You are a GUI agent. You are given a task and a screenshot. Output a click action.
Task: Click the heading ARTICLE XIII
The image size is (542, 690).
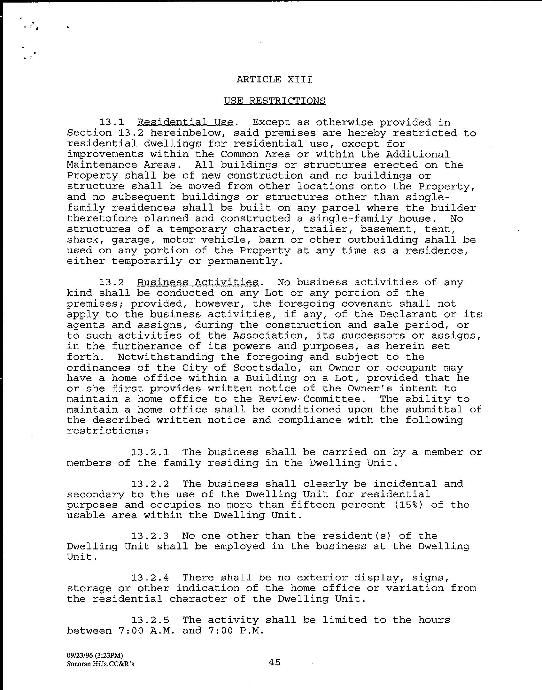[274, 79]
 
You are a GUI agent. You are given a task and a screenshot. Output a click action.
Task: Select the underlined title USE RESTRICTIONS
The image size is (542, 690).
[274, 101]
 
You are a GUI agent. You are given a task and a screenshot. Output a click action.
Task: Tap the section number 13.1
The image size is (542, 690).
[112, 122]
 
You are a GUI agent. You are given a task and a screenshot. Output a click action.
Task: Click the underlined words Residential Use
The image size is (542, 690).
[185, 122]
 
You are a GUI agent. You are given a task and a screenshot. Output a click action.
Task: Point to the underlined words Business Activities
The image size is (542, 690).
[198, 282]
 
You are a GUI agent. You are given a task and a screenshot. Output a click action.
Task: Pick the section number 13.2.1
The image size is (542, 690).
[150, 452]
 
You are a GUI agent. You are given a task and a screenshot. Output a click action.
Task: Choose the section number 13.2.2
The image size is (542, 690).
[150, 484]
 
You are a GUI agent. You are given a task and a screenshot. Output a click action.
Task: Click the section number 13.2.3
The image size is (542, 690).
[150, 536]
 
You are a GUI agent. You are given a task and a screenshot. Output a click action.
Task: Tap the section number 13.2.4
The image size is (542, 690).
[150, 578]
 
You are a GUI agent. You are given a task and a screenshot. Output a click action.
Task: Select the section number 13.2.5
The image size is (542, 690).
[150, 620]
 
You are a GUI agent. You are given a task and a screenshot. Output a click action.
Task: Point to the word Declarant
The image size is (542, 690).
[408, 314]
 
